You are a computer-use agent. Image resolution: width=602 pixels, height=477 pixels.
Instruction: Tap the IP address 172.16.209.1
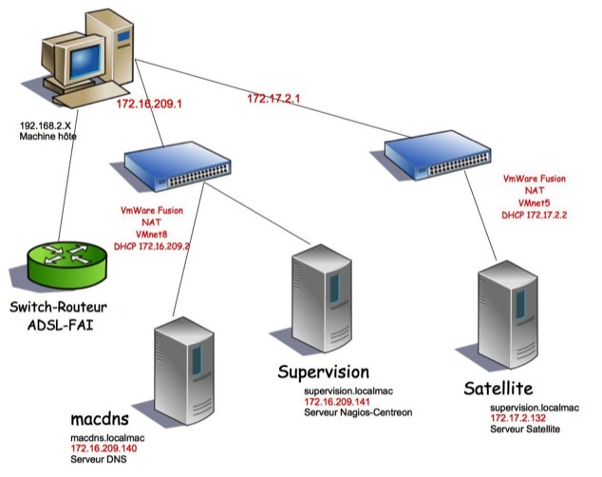(147, 104)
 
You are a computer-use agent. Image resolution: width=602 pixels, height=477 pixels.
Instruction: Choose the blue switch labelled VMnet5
(441, 151)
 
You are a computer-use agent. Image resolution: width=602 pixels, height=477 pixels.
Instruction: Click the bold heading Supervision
(323, 371)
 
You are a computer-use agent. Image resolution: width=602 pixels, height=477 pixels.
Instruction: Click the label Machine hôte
(50, 137)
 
